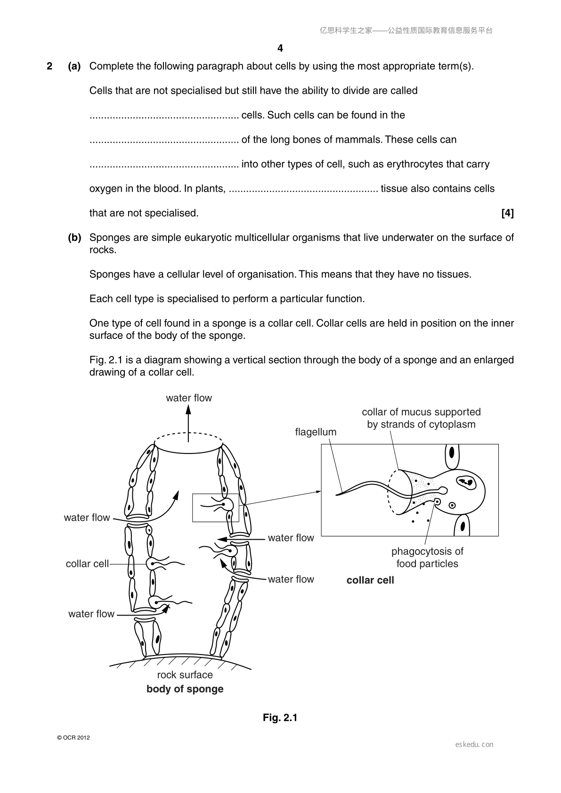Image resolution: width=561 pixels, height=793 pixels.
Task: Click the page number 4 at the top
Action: coord(280,48)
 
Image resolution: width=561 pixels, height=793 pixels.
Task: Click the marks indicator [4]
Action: coord(507,213)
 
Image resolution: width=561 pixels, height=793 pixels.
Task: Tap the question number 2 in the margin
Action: coord(49,66)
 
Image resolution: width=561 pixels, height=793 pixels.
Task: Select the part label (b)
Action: coord(74,237)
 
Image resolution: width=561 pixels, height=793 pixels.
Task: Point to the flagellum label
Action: coord(316,432)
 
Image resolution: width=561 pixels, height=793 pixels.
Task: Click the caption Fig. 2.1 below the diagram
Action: coord(280,718)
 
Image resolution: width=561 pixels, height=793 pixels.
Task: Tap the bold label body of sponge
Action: coord(185,689)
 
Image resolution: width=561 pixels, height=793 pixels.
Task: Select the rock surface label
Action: coord(185,675)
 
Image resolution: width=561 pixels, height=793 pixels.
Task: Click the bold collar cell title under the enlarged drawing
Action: coord(370,580)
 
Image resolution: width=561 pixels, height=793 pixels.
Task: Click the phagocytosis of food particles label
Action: coord(427,557)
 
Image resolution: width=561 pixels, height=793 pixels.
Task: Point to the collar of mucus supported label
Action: coord(421,412)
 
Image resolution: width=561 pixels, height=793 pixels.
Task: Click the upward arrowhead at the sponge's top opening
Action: coord(188,410)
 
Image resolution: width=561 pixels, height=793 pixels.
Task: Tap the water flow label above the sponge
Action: coord(189,398)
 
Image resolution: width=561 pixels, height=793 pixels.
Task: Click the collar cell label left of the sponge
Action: coord(87,564)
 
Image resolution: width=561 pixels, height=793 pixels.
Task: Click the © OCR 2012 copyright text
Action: coord(73,738)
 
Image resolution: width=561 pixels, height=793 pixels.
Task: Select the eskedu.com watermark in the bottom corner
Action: coord(474,744)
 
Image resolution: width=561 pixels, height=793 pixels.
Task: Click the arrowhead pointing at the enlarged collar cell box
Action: coord(318,491)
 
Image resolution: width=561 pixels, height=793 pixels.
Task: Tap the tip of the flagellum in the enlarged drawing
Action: coord(336,494)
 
